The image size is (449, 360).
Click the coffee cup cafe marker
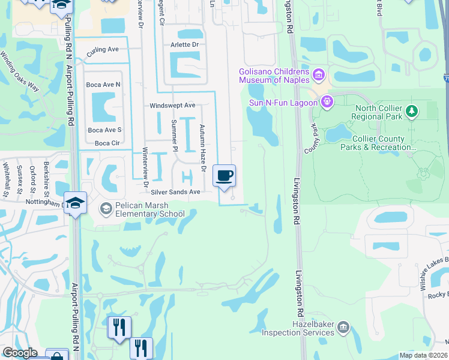tap(224, 176)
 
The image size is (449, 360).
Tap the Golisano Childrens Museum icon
tap(319, 76)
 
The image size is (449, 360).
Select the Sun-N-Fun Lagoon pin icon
tap(327, 101)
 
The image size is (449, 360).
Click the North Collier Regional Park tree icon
tap(411, 110)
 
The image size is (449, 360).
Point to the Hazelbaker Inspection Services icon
tap(343, 326)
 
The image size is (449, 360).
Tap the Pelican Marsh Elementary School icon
tap(106, 208)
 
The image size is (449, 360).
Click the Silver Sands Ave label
tap(175, 192)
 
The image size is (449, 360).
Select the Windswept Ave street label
tap(172, 105)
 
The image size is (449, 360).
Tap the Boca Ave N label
tap(103, 85)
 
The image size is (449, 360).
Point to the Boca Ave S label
tap(104, 130)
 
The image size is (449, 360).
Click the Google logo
tap(20, 353)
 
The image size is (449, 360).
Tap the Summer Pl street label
tap(175, 135)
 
